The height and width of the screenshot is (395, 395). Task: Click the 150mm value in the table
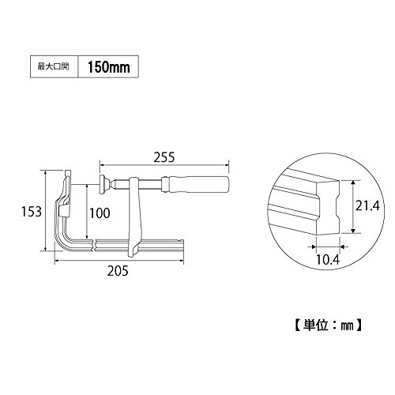pos(108,67)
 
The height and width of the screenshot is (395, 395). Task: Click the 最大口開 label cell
pos(54,66)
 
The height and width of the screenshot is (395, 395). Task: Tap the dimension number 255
pos(164,157)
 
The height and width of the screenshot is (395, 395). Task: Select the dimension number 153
pos(32,212)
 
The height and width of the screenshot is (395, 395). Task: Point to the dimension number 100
pos(100,213)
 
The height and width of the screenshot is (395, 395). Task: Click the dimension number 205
pos(118,271)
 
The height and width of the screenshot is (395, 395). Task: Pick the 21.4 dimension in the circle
pos(367,205)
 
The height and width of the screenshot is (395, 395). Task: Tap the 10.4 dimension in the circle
pos(328,260)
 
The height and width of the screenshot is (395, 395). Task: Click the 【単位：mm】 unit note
pos(328,325)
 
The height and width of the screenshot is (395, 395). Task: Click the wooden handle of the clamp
pos(197,184)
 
